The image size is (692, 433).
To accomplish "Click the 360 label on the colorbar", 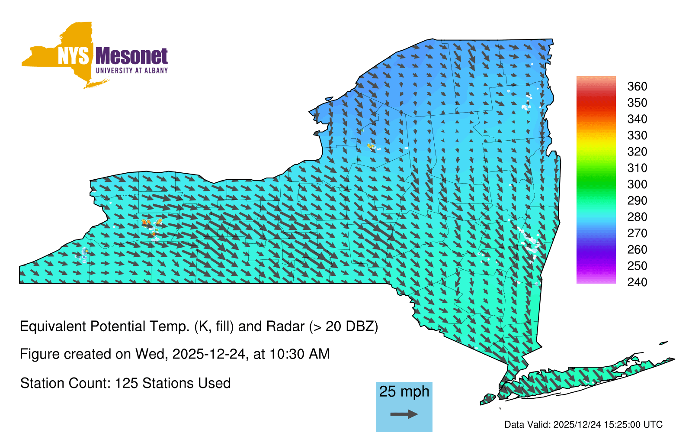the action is click(637, 86).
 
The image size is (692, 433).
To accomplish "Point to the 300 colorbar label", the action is click(637, 184).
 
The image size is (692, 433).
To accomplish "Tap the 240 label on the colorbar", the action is click(637, 282).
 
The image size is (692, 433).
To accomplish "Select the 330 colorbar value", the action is click(637, 135).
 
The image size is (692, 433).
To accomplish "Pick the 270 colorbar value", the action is click(637, 233).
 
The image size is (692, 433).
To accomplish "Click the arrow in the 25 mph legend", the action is click(404, 414).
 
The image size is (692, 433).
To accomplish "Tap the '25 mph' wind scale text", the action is click(404, 392).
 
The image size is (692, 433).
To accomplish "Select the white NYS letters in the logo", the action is click(74, 56).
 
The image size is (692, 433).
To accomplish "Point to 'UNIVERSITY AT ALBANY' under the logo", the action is click(132, 71).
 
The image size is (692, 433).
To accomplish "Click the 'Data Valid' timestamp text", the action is click(583, 424).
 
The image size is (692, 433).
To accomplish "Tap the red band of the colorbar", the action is click(596, 102).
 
